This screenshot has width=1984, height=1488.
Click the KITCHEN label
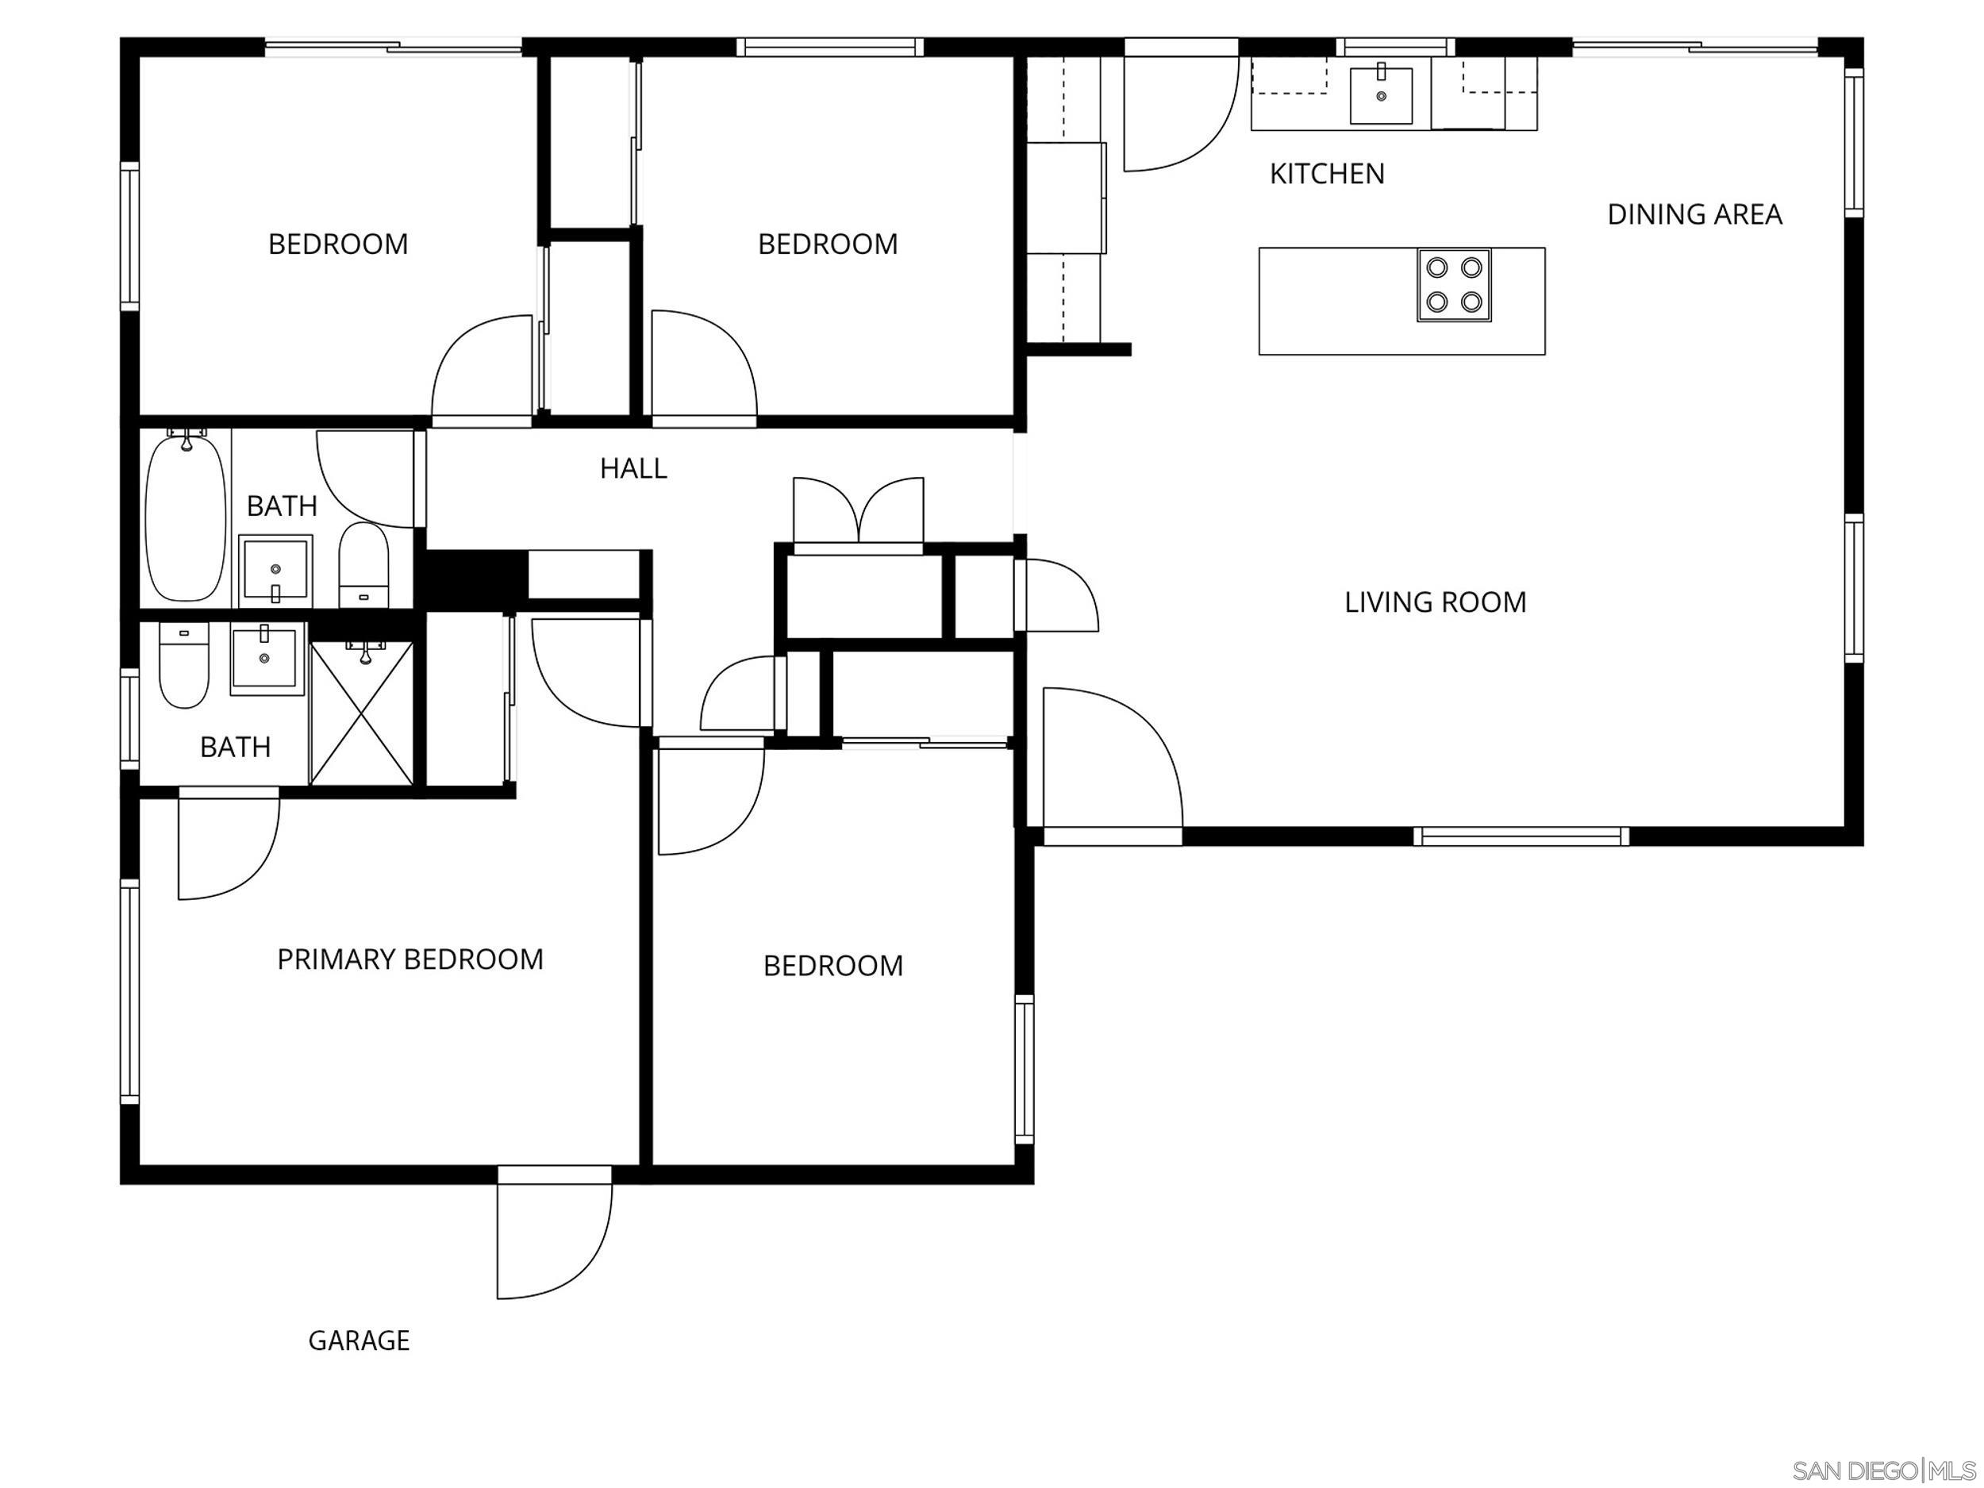pyautogui.click(x=1327, y=173)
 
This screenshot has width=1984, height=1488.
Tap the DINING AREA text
pyautogui.click(x=1694, y=214)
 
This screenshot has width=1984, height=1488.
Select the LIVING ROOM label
pyautogui.click(x=1434, y=602)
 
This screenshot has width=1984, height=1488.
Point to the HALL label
pyautogui.click(x=633, y=468)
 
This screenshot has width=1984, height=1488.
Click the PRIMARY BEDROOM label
pyautogui.click(x=410, y=959)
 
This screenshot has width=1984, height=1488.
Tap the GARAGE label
pyautogui.click(x=359, y=1340)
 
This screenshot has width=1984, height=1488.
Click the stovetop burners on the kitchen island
pyautogui.click(x=1453, y=284)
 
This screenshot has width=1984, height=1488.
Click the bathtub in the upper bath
pyautogui.click(x=186, y=517)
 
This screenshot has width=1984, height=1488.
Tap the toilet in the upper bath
pyautogui.click(x=363, y=565)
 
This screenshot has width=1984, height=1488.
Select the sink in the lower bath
pyautogui.click(x=263, y=659)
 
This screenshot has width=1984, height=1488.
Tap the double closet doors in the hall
pyautogui.click(x=859, y=512)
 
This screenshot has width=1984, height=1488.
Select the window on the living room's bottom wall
pyautogui.click(x=1521, y=836)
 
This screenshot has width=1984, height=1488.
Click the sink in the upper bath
pyautogui.click(x=275, y=570)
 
